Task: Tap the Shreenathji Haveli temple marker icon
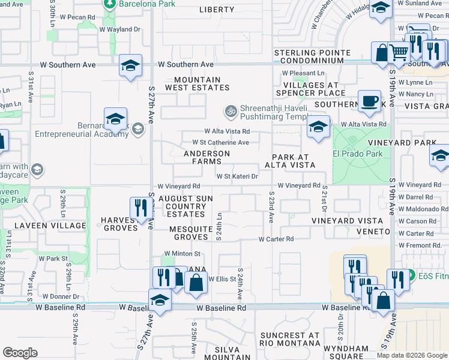point(229,111)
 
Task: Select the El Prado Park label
point(358,153)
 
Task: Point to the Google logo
point(20,352)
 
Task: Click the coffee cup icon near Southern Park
point(369,101)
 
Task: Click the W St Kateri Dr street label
point(237,176)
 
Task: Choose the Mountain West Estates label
point(197,83)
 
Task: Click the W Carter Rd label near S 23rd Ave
point(276,239)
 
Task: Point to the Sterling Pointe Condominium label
point(312,57)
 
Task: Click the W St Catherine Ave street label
point(220,143)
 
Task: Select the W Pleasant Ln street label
point(303,73)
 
